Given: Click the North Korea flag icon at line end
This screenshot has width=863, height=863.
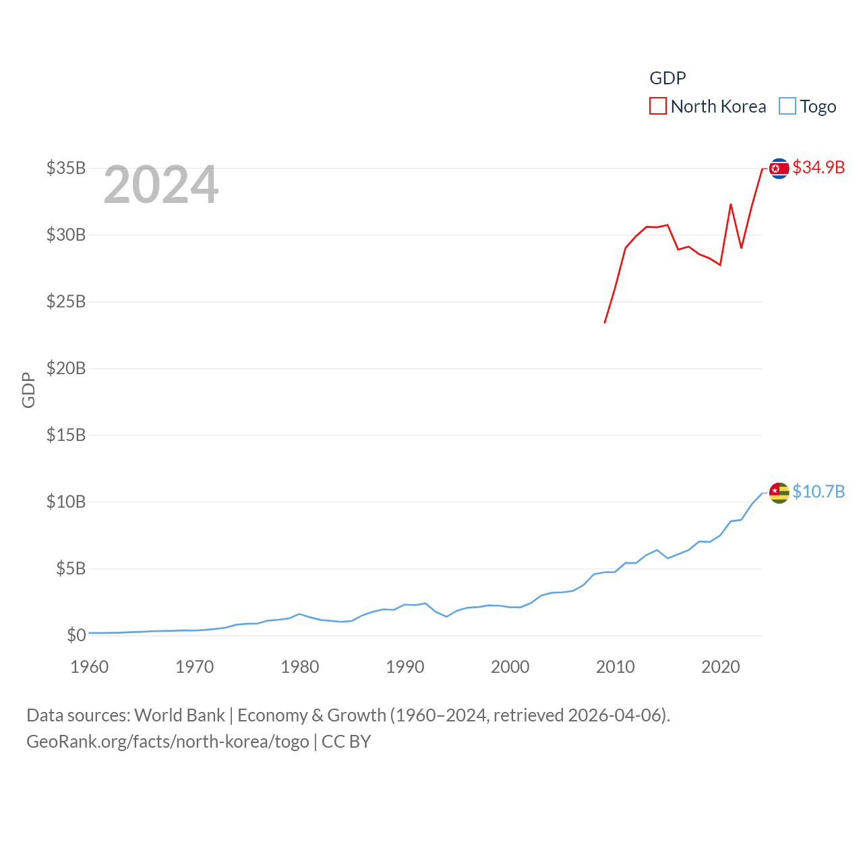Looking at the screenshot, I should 779,168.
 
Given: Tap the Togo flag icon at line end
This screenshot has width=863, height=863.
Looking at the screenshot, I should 779,492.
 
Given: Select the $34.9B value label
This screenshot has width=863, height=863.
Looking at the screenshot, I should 819,167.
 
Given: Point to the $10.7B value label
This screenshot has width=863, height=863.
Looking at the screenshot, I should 819,492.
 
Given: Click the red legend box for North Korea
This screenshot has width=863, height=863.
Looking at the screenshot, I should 658,106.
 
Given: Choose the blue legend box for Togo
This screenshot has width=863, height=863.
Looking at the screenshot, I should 787,106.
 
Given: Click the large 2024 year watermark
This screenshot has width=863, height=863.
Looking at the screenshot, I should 160,185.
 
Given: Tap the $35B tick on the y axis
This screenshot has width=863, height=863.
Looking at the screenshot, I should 66,168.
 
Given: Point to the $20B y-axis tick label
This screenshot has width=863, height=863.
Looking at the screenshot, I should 66,368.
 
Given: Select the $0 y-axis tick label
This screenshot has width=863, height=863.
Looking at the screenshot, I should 76,635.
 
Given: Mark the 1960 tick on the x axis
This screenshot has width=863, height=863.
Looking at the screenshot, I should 90,667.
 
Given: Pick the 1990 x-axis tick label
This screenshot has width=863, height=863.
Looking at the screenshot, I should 405,667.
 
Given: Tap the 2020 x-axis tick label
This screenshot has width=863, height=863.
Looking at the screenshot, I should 721,667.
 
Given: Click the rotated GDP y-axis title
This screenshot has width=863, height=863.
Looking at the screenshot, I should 28,390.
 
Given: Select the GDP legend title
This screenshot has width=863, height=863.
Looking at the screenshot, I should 667,78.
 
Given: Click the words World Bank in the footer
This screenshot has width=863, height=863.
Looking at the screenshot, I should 179,715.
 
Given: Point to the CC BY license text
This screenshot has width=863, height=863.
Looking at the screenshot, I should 346,742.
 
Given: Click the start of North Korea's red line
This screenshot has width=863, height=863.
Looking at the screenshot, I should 605,323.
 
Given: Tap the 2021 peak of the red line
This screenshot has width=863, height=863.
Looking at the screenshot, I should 731,204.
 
